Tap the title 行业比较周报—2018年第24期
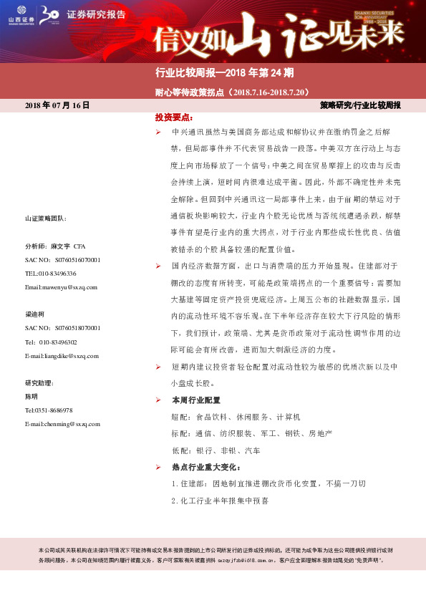click(223, 72)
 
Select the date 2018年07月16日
click(57, 105)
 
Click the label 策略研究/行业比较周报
click(360, 105)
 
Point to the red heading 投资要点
click(174, 117)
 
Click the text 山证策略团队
click(45, 218)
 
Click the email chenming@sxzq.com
click(62, 424)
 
